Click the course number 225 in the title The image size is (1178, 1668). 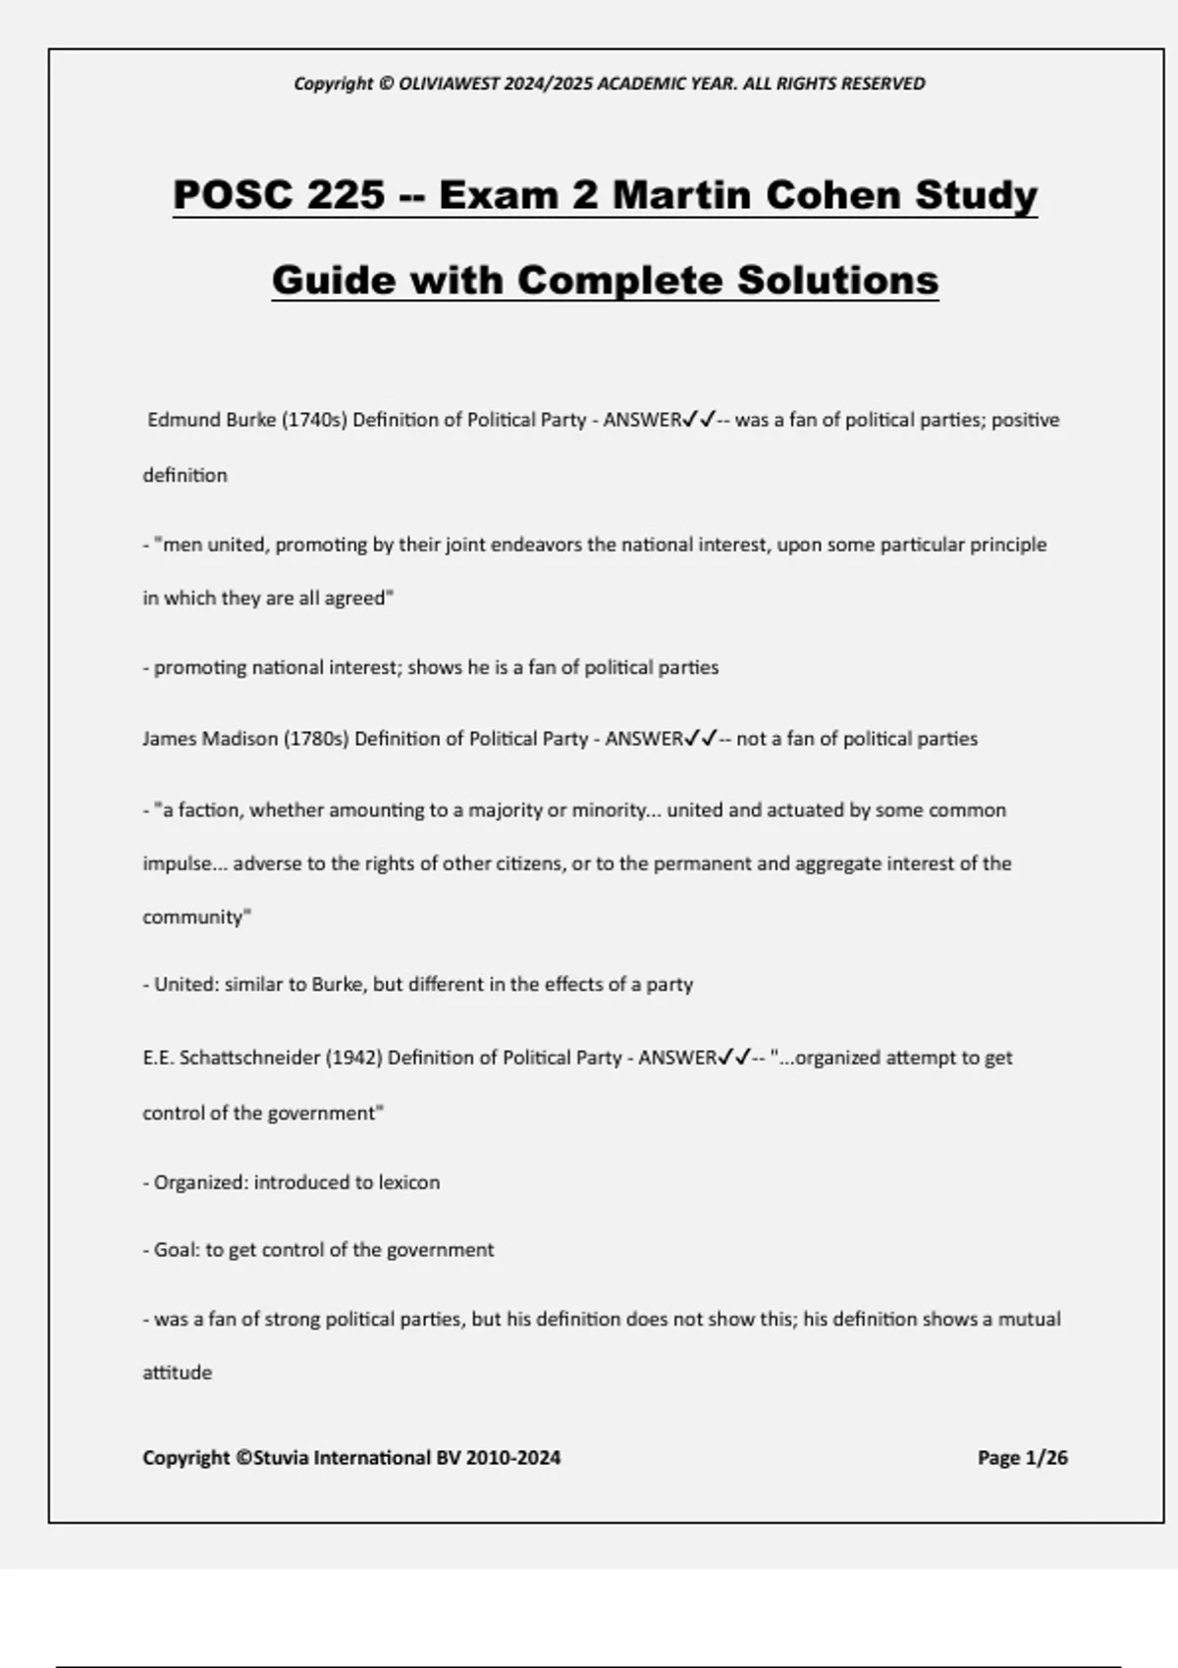point(346,194)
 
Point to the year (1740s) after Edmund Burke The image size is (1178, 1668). point(314,420)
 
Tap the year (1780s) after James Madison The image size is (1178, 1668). point(316,739)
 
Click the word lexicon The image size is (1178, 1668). point(408,1182)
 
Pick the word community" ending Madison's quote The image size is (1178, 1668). point(196,917)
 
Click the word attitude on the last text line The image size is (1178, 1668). point(177,1373)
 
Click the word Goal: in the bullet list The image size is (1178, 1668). point(177,1250)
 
